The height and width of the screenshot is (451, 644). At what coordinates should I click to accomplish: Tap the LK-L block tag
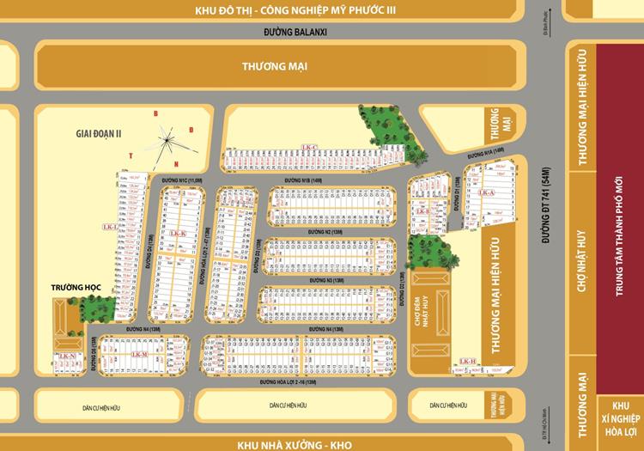pos(109,227)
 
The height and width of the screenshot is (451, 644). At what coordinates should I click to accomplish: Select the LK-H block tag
pos(469,362)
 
